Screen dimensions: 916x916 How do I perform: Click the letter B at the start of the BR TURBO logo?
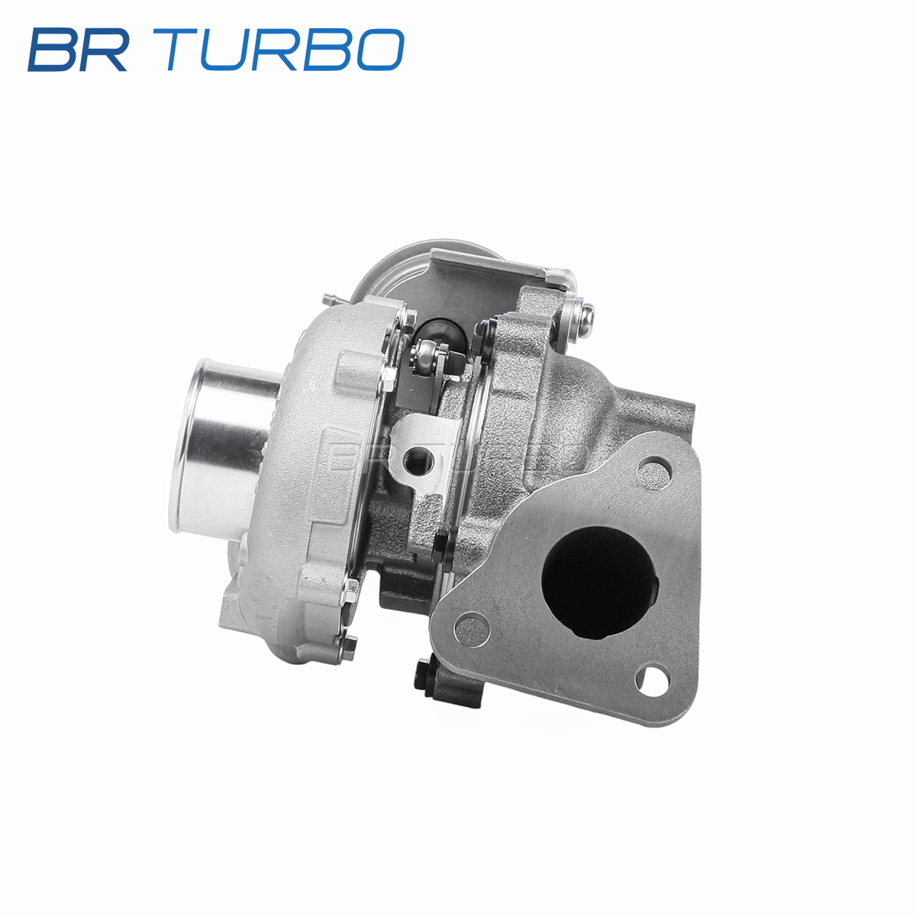53,50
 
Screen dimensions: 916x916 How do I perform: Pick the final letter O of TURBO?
380,50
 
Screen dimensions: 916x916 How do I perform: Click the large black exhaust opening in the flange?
600,582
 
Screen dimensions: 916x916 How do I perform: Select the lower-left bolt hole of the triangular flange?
472,629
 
